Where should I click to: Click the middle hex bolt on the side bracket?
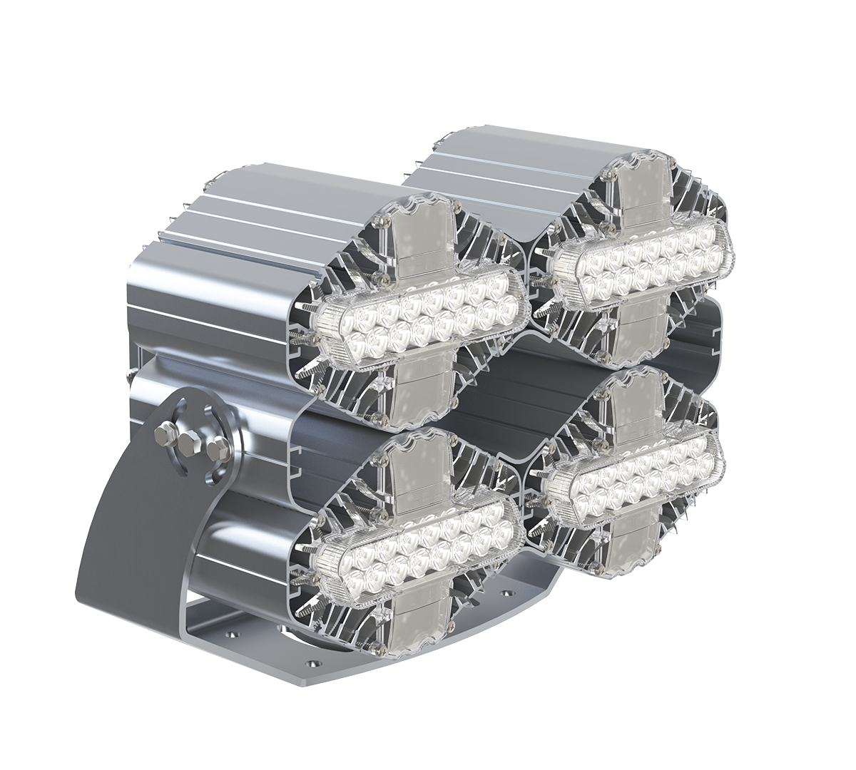(189, 443)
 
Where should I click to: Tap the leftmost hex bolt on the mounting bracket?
(166, 431)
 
